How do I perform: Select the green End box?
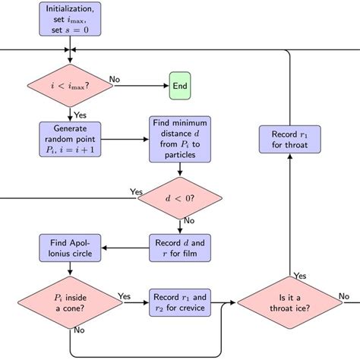point(179,86)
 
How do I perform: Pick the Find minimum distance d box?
point(179,139)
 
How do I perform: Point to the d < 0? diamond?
point(179,199)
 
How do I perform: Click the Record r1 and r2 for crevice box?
point(179,302)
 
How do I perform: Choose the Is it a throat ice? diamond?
point(289,302)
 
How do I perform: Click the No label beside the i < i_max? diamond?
point(114,79)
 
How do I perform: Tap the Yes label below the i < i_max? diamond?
point(79,115)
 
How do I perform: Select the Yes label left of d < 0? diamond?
point(137,192)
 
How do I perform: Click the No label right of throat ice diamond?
point(343,295)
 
